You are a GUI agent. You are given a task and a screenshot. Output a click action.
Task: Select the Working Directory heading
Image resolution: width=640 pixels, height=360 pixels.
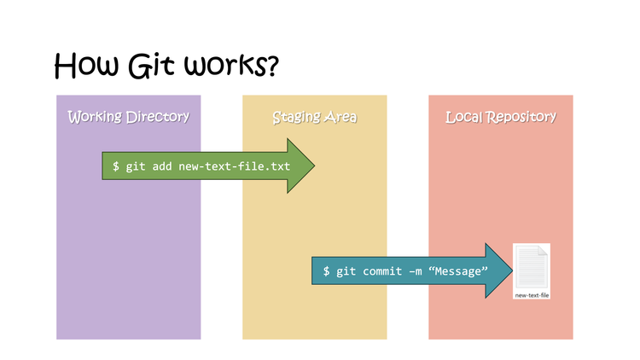[128, 116]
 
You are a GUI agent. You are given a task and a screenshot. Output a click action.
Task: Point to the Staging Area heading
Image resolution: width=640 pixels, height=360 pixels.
[314, 116]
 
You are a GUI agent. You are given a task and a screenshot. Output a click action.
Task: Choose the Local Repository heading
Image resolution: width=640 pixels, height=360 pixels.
[501, 116]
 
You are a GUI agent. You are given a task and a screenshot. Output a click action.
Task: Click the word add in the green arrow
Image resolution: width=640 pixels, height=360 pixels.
[162, 165]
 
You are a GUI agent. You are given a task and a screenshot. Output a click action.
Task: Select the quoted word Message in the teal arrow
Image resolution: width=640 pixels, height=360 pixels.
[459, 270]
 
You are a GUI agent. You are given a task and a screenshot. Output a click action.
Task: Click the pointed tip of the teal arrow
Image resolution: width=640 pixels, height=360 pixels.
[510, 270]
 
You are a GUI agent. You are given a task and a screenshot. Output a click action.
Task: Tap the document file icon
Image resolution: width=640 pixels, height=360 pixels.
[532, 266]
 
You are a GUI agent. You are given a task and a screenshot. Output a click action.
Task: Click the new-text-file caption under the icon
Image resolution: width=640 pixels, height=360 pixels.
[532, 294]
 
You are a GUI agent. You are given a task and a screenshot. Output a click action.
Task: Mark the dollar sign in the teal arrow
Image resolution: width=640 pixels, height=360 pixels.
[326, 270]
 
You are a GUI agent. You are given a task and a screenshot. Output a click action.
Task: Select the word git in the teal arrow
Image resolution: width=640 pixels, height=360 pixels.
[346, 270]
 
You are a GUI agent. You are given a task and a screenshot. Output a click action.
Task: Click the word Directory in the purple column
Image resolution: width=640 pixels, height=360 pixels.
[159, 116]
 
